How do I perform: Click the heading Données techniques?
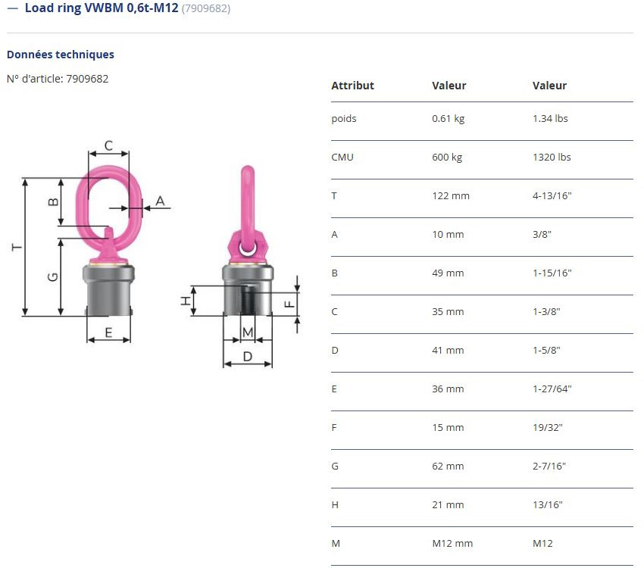61,55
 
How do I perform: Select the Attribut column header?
352,86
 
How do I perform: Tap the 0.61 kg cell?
448,119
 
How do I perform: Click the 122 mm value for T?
450,196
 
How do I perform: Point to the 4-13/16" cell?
552,196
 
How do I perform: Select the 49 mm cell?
447,273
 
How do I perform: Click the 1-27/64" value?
552,389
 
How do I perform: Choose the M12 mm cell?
452,544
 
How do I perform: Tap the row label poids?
343,119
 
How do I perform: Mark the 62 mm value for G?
447,467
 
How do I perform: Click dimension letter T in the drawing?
16,248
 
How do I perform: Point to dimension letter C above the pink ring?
108,145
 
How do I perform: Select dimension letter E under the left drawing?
108,332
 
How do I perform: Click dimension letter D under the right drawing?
247,356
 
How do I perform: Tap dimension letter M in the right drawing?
247,332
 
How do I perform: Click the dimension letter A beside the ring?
160,201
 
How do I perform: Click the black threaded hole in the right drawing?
247,302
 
